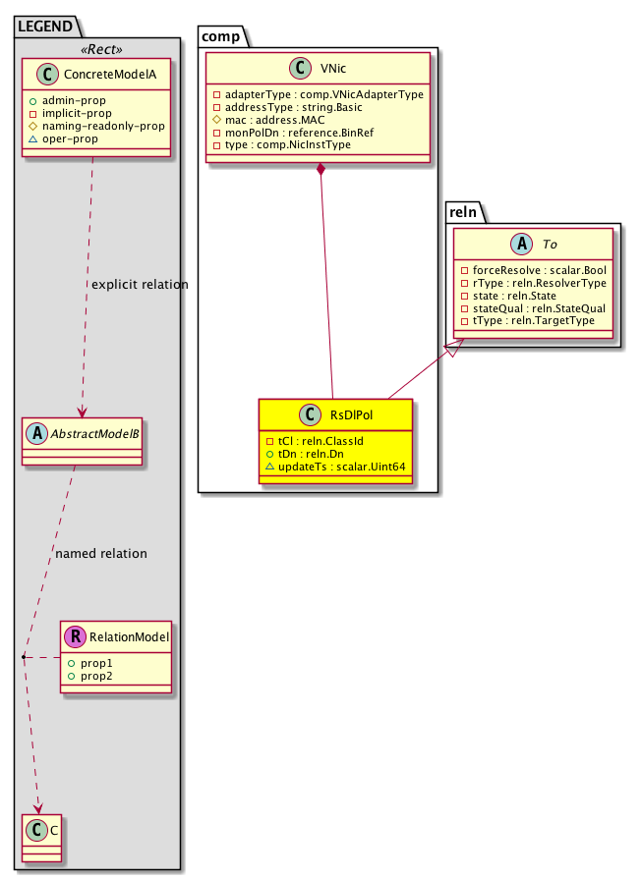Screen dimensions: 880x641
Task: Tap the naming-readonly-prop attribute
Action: coord(95,126)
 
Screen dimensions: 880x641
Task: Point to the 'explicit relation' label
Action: coord(139,285)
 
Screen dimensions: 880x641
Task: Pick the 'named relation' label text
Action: coord(101,554)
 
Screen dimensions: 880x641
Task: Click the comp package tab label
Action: coord(219,36)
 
